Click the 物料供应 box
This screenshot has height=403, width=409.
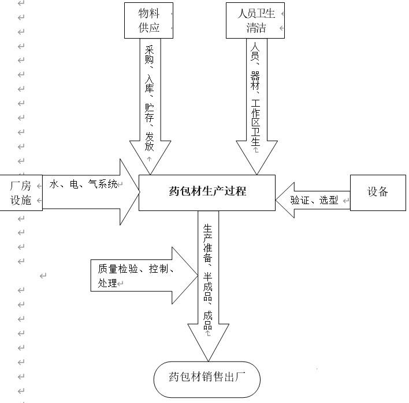[149, 20]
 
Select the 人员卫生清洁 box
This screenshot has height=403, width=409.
[255, 20]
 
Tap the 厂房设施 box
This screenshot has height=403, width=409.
[21, 193]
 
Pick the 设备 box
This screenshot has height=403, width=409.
[377, 193]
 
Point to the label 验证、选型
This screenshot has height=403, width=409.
[314, 201]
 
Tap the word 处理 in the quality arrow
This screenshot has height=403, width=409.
[107, 283]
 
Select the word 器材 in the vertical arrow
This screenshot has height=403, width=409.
[255, 81]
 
